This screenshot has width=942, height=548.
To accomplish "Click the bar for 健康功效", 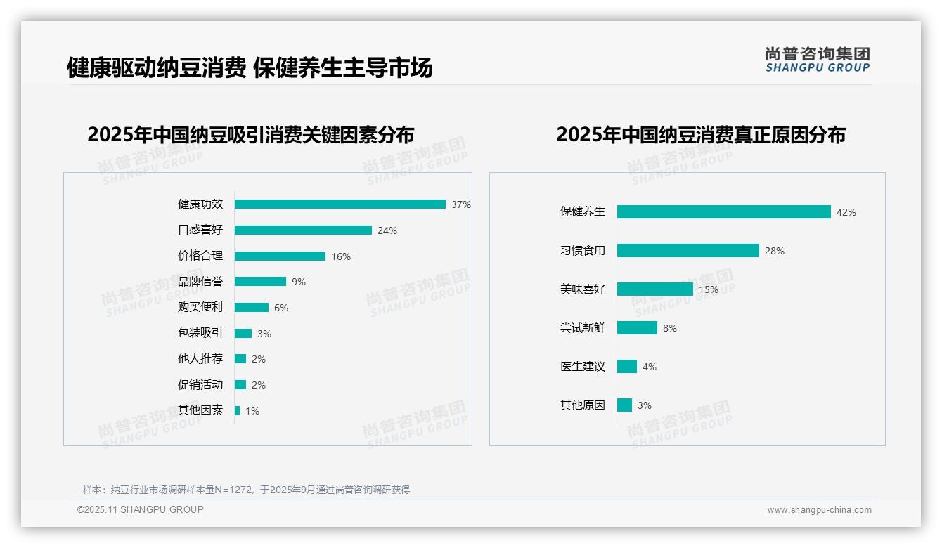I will pyautogui.click(x=340, y=204).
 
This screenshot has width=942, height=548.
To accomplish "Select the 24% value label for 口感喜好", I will pyautogui.click(x=387, y=230).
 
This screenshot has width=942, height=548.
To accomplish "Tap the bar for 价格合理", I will pyautogui.click(x=280, y=256).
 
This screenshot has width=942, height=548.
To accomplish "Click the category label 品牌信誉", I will pyautogui.click(x=200, y=282).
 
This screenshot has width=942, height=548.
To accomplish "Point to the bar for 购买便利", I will pyautogui.click(x=252, y=308).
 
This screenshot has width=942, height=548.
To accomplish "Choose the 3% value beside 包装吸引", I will pyautogui.click(x=264, y=334).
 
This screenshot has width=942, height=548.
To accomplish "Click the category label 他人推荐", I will pyautogui.click(x=200, y=359).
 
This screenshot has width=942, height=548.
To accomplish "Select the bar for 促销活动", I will pyautogui.click(x=240, y=385).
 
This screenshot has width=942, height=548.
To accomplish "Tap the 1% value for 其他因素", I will pyautogui.click(x=252, y=411).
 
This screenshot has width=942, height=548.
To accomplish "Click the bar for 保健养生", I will pyautogui.click(x=723, y=212).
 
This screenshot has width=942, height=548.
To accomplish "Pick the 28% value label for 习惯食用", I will pyautogui.click(x=774, y=251).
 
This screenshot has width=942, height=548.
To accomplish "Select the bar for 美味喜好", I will pyautogui.click(x=655, y=289).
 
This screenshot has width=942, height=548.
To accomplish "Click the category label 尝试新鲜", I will pyautogui.click(x=582, y=328).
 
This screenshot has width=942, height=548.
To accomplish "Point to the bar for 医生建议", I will pyautogui.click(x=627, y=367).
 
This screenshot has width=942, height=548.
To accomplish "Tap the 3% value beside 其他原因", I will pyautogui.click(x=644, y=405).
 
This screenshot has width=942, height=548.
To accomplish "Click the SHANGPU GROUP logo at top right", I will pyautogui.click(x=817, y=60).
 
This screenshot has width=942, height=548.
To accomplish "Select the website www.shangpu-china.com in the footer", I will pyautogui.click(x=819, y=510).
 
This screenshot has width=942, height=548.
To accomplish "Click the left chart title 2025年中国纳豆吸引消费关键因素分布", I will pyautogui.click(x=251, y=134).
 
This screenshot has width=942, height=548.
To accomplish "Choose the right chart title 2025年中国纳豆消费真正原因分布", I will pyautogui.click(x=700, y=134).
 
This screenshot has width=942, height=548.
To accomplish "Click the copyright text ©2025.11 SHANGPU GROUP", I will pyautogui.click(x=141, y=509).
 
